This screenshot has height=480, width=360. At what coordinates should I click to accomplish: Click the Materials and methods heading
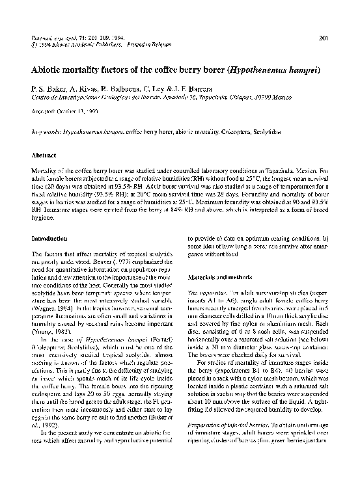click(215, 276)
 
